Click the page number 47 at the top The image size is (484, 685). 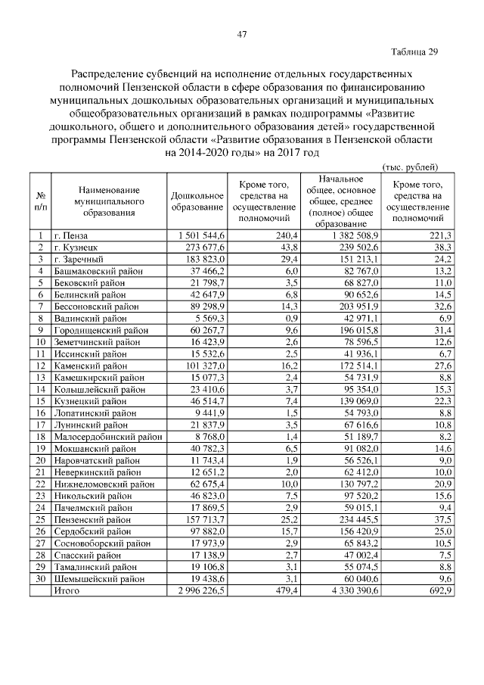[242, 34]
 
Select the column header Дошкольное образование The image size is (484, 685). [197, 201]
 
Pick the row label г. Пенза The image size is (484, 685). [72, 236]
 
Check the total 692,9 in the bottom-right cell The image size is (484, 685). [439, 591]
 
